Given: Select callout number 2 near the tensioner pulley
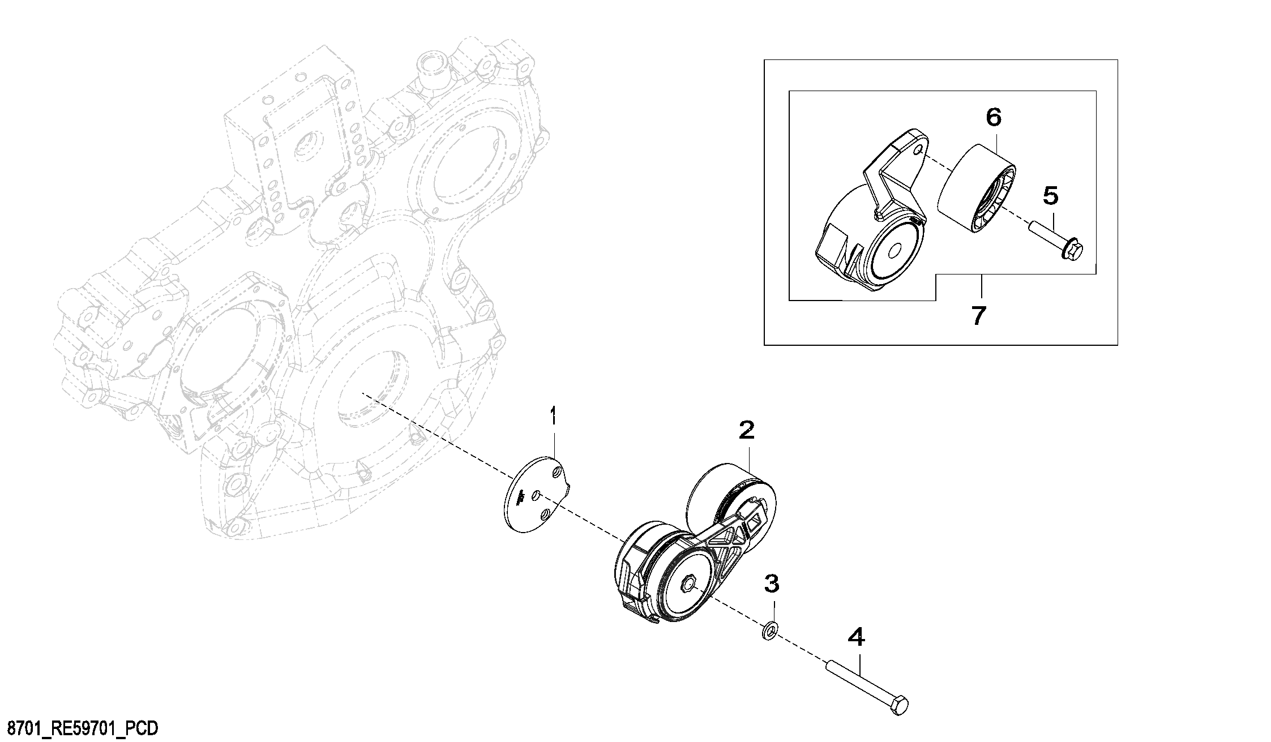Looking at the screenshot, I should (x=747, y=431).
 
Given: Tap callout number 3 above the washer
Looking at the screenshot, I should (x=772, y=582).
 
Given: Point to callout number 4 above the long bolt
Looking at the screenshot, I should (x=856, y=638).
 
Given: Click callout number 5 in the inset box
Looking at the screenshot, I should (x=1050, y=196).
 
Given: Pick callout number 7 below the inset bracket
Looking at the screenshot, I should (x=979, y=315).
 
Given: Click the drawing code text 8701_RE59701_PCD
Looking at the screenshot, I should (x=79, y=728).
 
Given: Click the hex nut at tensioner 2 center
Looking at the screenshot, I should (x=690, y=583).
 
